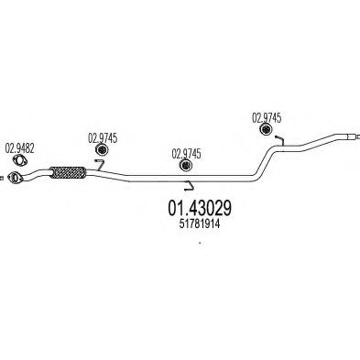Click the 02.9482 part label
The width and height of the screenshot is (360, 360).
pos(19,148)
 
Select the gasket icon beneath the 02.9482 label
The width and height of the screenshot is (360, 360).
pos(19,160)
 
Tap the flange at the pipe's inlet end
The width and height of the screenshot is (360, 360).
pos(14,178)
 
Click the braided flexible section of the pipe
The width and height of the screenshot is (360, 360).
pos(68,172)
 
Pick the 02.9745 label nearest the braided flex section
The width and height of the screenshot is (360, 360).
pos(103,138)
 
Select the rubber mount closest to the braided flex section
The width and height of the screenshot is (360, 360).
pos(103,150)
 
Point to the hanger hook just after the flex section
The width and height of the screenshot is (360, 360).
pos(99,165)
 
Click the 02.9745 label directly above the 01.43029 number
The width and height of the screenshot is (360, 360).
pos(186,154)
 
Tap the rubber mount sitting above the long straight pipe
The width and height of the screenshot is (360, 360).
pos(186,165)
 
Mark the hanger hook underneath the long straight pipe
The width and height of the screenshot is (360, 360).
pos(190,186)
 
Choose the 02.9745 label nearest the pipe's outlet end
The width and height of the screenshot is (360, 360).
pos(267,118)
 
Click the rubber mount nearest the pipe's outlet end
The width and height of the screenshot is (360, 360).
pos(266,129)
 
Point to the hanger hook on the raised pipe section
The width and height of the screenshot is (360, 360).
pos(279,140)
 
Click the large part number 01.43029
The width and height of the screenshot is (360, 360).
pos(200,208)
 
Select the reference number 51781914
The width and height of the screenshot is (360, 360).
pos(200,224)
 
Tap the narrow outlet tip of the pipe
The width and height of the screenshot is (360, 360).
pos(351,136)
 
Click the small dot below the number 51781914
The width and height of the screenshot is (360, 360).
pos(200,243)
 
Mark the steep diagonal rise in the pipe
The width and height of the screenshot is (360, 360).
pos(265,161)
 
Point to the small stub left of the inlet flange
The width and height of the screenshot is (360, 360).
pos(1,178)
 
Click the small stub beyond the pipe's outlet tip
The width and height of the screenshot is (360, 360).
pos(358,136)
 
